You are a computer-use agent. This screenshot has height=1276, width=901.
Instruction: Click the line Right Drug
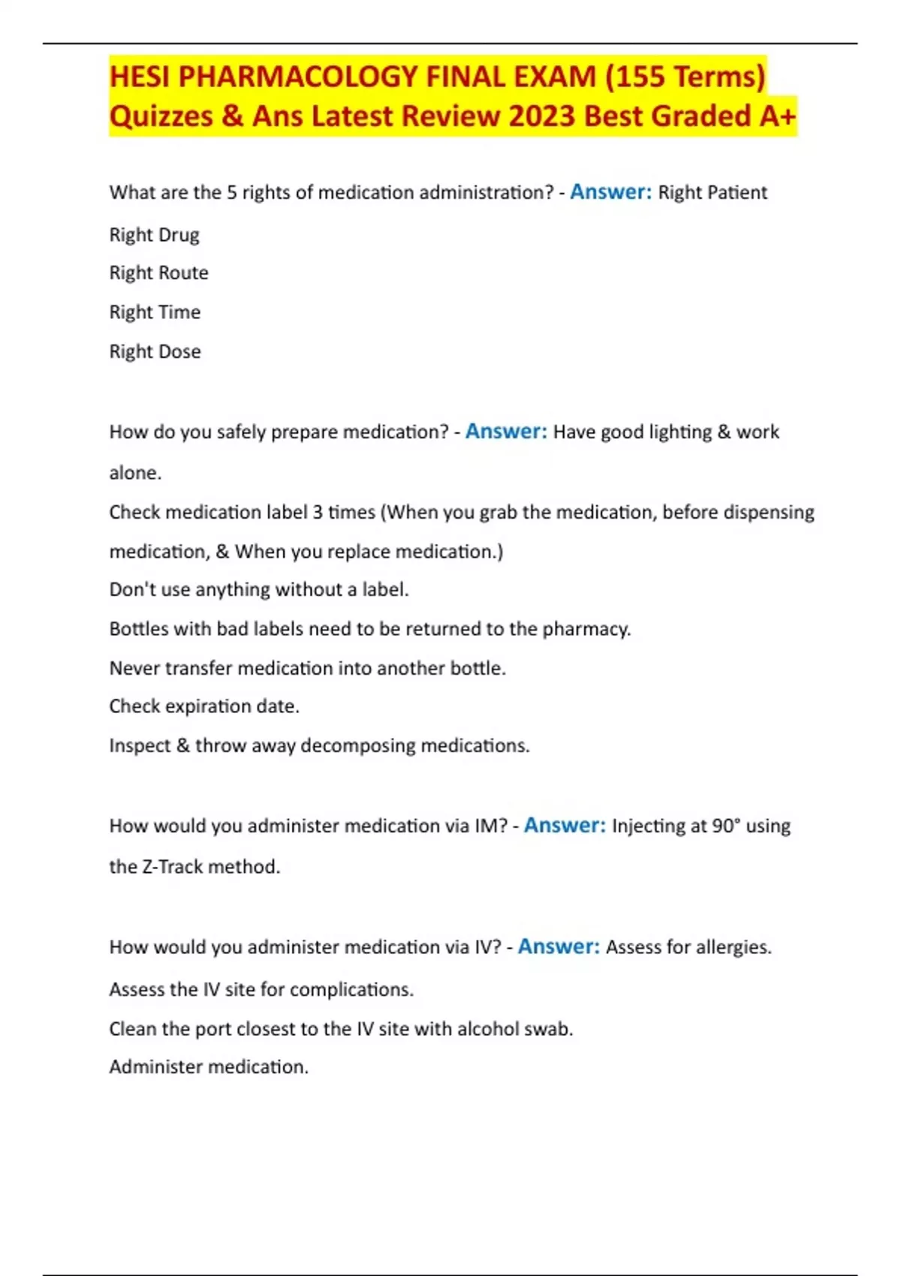[154, 235]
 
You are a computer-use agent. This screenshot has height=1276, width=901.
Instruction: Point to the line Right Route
[158, 272]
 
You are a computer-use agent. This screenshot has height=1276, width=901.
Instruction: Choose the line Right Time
[155, 312]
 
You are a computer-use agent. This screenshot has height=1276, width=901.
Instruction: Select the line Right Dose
[155, 351]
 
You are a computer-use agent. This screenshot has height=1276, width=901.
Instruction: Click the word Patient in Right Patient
[737, 193]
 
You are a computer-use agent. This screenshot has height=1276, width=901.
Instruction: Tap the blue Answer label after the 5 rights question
[610, 192]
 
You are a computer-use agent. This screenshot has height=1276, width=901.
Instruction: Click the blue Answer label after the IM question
[565, 826]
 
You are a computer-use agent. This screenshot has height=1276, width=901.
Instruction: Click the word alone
[134, 473]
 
